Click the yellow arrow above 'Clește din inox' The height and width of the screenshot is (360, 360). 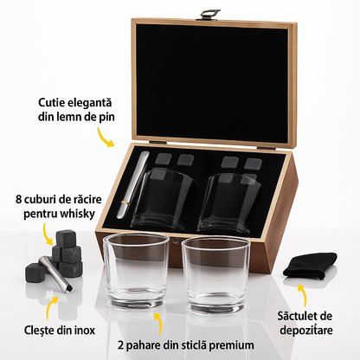click(55, 304)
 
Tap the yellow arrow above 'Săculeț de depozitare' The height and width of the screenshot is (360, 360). click(304, 292)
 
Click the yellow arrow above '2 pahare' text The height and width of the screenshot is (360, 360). click(157, 321)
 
